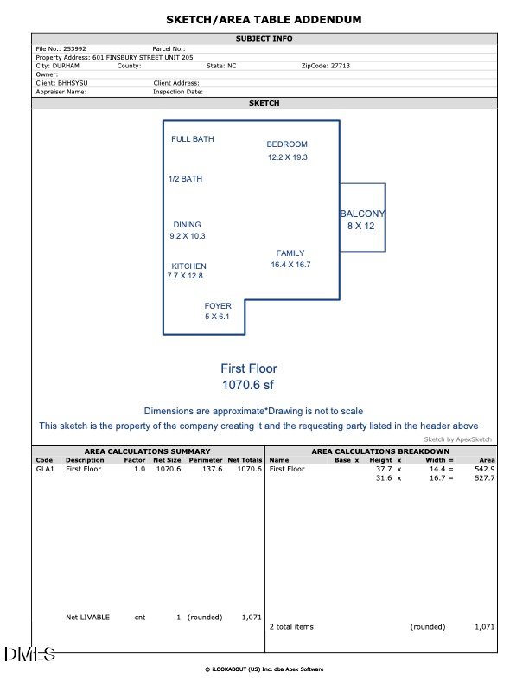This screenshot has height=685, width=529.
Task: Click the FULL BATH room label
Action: pyautogui.click(x=192, y=139)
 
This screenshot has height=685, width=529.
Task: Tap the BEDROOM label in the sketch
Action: pyautogui.click(x=287, y=144)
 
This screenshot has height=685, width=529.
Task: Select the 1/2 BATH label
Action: pyautogui.click(x=185, y=179)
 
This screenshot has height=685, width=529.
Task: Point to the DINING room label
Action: pyautogui.click(x=187, y=225)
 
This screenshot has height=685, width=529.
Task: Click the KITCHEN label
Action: pyautogui.click(x=188, y=266)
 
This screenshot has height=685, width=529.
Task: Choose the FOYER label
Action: pyautogui.click(x=218, y=306)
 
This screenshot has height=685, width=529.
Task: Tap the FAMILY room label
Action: pyautogui.click(x=290, y=253)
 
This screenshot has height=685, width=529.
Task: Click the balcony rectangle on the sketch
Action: pyautogui.click(x=362, y=218)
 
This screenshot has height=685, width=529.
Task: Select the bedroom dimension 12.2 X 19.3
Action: pyautogui.click(x=288, y=157)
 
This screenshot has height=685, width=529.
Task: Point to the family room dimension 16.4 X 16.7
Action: pyautogui.click(x=290, y=265)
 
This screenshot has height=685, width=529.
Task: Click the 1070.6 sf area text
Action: pyautogui.click(x=248, y=384)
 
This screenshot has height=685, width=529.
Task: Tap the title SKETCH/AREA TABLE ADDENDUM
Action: pyautogui.click(x=264, y=19)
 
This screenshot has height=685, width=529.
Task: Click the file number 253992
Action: pyautogui.click(x=75, y=49)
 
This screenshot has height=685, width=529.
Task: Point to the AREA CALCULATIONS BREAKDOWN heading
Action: pyautogui.click(x=380, y=451)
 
